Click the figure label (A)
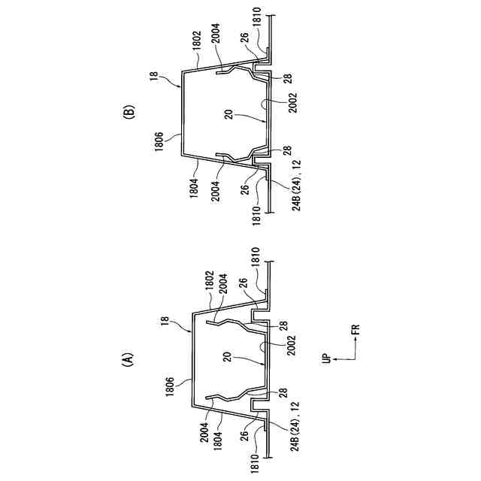click(127, 360)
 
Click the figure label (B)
click(127, 113)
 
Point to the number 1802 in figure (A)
click(205, 289)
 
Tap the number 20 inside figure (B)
click(225, 114)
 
